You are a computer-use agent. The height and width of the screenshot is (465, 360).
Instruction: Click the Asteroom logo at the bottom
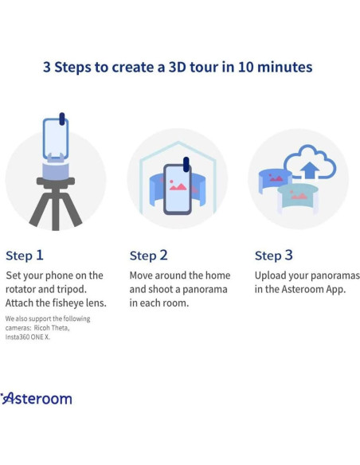36,399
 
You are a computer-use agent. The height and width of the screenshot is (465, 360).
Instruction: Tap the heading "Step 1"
25,256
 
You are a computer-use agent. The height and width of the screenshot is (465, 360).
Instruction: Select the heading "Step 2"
149,256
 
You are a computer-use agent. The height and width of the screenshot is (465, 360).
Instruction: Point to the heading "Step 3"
274,256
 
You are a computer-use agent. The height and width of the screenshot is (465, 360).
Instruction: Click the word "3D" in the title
178,67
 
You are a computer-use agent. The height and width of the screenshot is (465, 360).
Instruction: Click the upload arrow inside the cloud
310,170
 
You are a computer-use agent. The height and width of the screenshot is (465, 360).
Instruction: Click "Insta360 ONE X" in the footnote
28,337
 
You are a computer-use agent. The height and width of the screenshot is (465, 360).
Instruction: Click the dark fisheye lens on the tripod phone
62,119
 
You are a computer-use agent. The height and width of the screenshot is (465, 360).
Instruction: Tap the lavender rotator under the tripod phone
56,171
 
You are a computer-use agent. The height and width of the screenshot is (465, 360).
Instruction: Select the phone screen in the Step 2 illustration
178,189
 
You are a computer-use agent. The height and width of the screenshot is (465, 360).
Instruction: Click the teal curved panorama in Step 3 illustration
298,196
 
